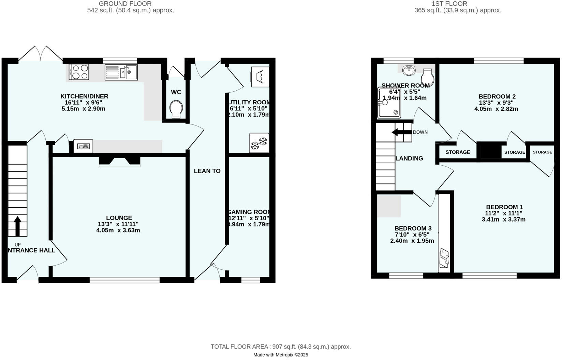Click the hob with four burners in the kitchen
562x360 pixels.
pyautogui.click(x=79, y=72)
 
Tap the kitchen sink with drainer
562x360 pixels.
pyautogui.click(x=121, y=72)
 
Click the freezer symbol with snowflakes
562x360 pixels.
pyautogui.click(x=259, y=143)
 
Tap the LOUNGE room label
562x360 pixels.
pyautogui.click(x=119, y=218)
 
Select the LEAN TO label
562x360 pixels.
pyautogui.click(x=207, y=171)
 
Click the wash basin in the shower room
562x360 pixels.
pyautogui.click(x=409, y=70)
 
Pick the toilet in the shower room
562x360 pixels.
pyautogui.click(x=428, y=77)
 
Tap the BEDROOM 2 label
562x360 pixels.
pyautogui.click(x=497, y=96)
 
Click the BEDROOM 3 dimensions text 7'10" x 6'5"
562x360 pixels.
pyautogui.click(x=412, y=235)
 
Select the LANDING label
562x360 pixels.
pyautogui.click(x=409, y=159)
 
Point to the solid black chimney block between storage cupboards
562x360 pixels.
pyautogui.click(x=489, y=151)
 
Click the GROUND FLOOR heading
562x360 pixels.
pyautogui.click(x=125, y=4)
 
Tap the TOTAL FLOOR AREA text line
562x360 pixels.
pyautogui.click(x=280, y=347)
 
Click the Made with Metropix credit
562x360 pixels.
pyautogui.click(x=280, y=355)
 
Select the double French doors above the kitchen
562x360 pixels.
pyautogui.click(x=41, y=54)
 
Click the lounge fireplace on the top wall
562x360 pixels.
pyautogui.click(x=119, y=161)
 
